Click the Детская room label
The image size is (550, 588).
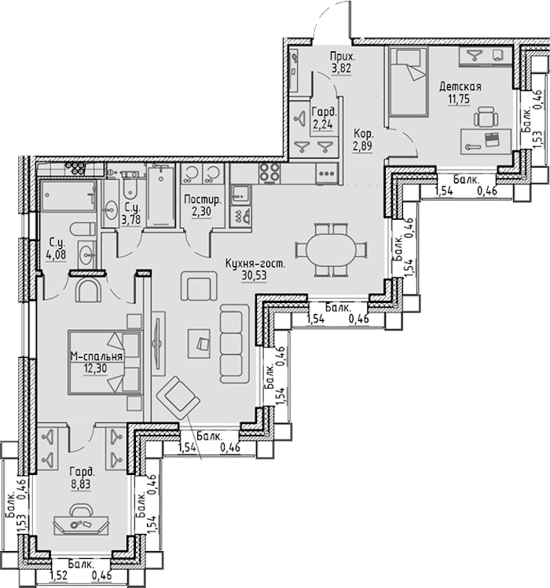point(460,87)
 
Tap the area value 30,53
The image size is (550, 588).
point(254,276)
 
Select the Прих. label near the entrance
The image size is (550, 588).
point(343,57)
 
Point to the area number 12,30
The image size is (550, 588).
point(95,369)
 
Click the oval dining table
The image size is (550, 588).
point(331,250)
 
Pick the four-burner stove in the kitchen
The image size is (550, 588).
point(269,173)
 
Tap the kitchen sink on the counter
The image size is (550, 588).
point(240,195)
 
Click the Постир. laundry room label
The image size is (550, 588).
point(203,200)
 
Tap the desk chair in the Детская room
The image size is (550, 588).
point(486,117)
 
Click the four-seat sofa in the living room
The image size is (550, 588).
point(235,344)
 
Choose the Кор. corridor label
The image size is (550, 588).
point(364,134)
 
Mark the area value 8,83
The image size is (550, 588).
point(81,484)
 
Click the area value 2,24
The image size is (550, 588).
point(323,124)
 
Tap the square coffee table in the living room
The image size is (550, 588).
point(199,344)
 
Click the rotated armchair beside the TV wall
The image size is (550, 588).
point(178,398)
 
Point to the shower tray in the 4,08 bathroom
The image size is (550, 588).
point(68,195)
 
